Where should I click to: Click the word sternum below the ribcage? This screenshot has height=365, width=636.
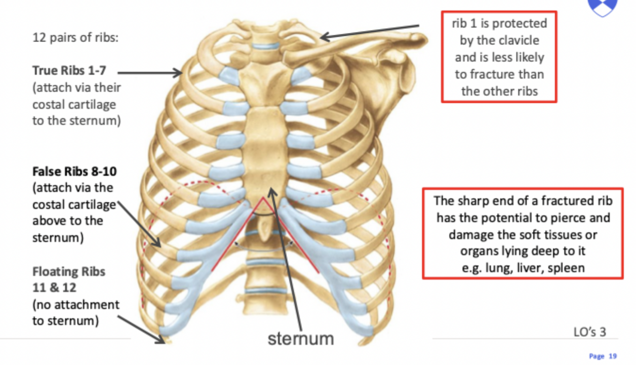(x=300, y=338)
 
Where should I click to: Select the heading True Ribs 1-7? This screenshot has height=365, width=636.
(x=69, y=71)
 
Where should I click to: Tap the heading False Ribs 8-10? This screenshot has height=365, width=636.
(x=74, y=171)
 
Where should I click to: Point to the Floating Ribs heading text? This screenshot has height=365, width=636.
(x=69, y=272)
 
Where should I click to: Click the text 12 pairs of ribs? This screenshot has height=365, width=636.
(x=75, y=37)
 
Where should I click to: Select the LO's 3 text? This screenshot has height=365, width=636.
(x=590, y=332)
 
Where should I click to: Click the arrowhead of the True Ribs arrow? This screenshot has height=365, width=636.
(x=180, y=73)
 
